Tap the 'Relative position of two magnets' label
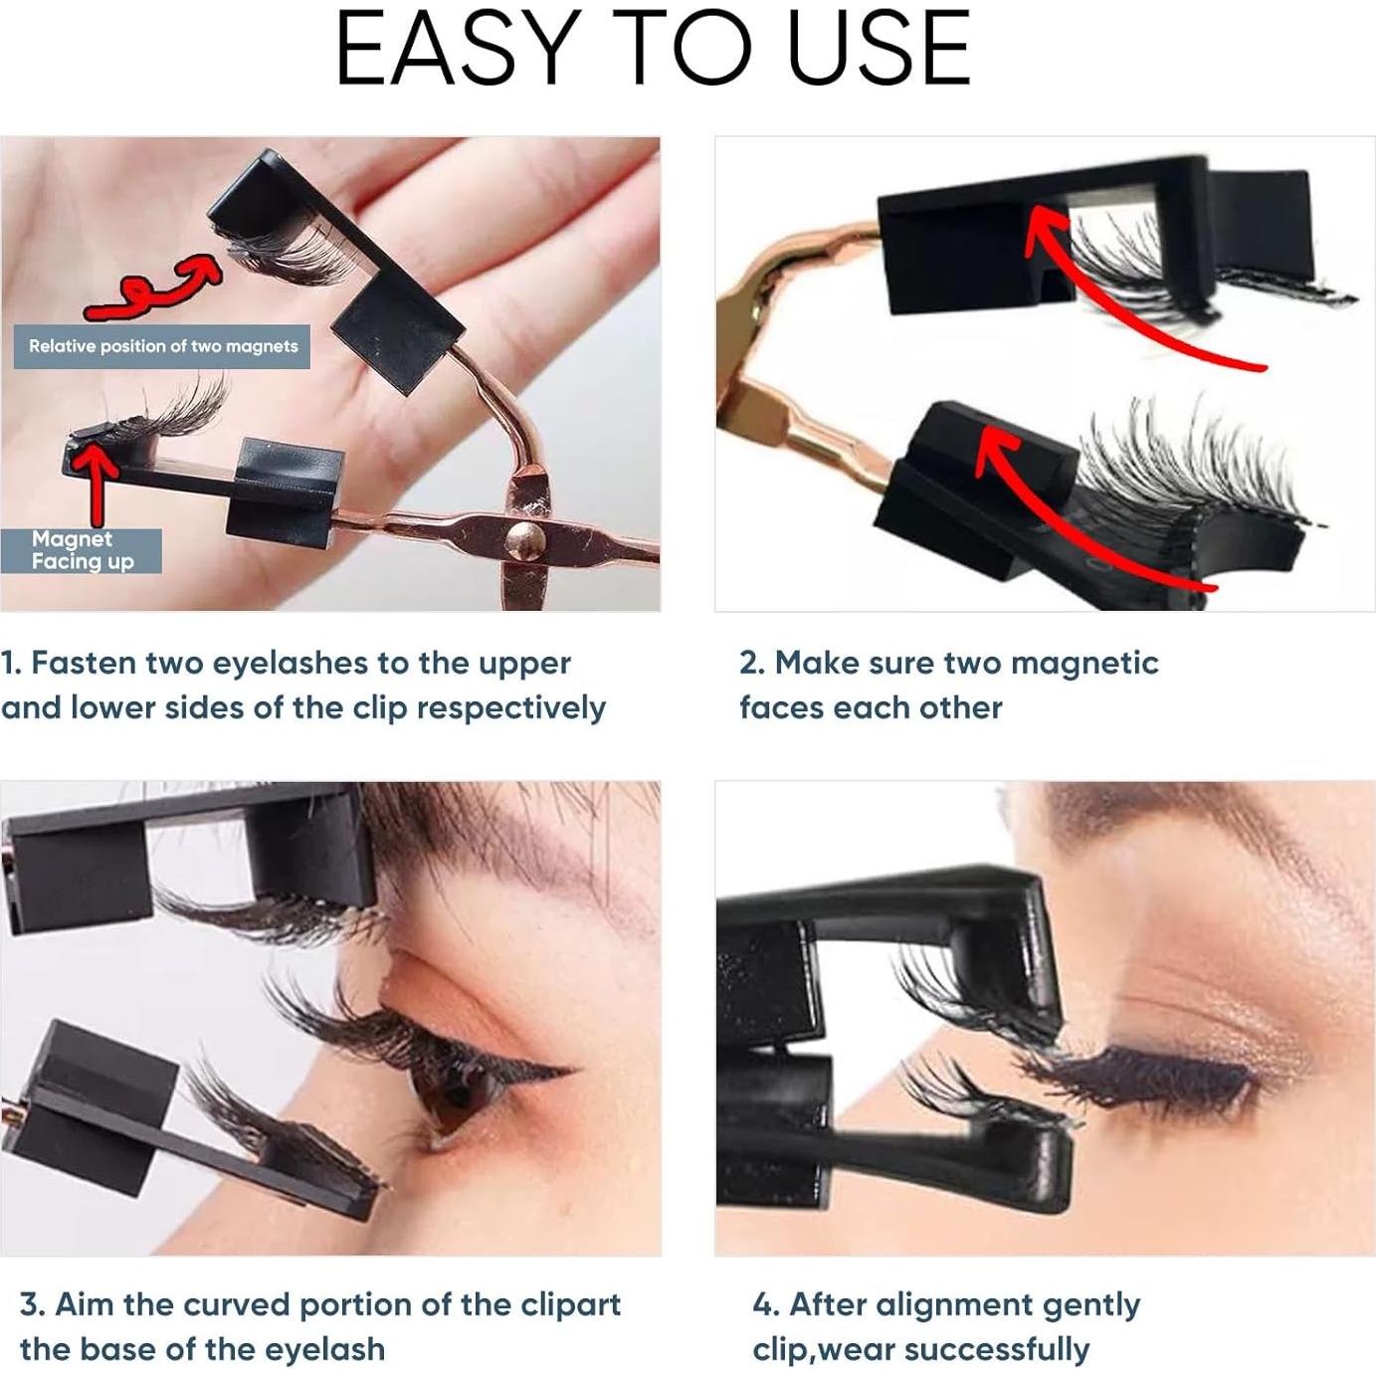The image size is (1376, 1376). point(163,346)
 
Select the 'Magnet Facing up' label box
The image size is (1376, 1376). point(82,550)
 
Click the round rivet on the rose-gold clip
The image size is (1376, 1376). point(524,540)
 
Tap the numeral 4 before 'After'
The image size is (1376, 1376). point(762,1305)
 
